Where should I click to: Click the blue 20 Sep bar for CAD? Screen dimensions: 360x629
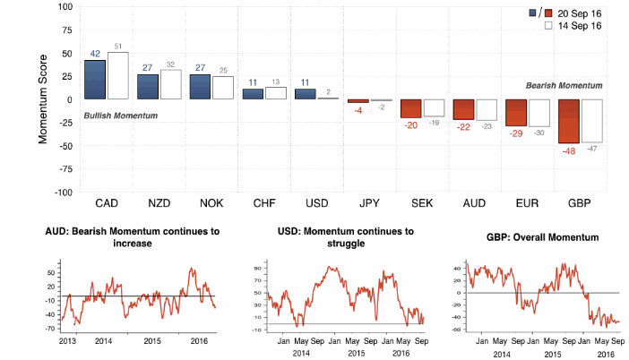[95, 79]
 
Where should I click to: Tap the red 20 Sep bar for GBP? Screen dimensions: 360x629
[567, 121]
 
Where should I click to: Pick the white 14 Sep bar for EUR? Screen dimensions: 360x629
[539, 113]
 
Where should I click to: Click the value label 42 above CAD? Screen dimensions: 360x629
[94, 54]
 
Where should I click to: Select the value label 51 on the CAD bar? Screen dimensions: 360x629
[117, 46]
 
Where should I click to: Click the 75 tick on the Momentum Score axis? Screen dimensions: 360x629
[66, 30]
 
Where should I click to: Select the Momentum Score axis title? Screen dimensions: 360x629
[42, 99]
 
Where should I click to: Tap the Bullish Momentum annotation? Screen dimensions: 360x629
[120, 116]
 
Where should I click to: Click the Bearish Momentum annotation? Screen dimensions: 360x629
[564, 85]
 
